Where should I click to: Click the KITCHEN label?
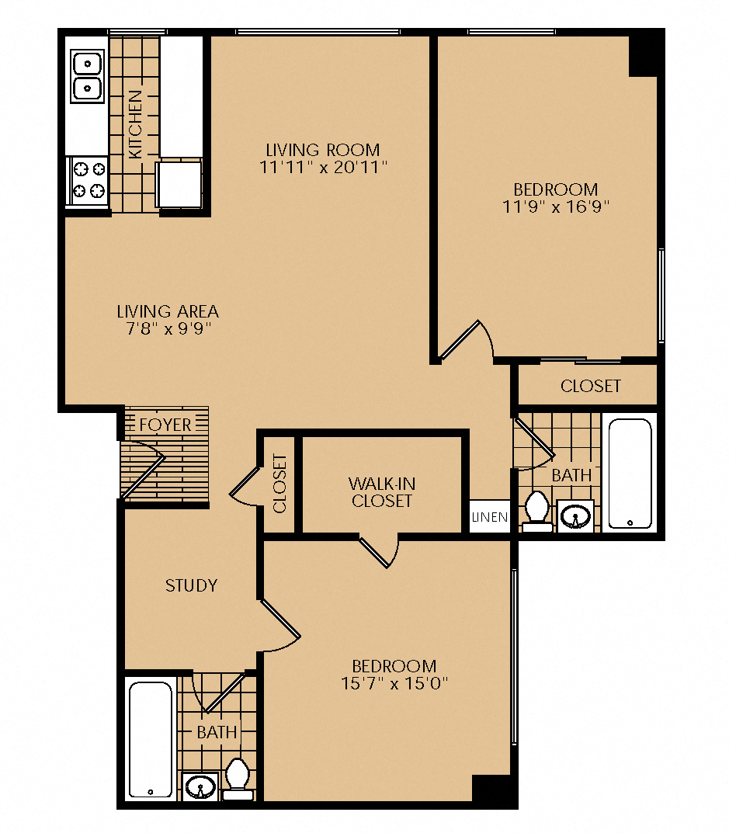pos(136,124)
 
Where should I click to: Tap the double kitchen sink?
pos(87,76)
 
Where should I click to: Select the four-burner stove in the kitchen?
pos(88,181)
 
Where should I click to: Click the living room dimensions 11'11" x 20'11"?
pos(323,168)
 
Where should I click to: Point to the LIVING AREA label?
pos(168,311)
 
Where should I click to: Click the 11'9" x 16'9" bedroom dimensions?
pos(556,207)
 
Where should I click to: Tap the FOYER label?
pos(165,425)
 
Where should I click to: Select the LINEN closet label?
pos(490,517)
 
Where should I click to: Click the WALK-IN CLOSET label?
pos(381,492)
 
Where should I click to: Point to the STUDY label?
pos(191,585)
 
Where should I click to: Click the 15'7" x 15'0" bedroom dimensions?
pos(394,683)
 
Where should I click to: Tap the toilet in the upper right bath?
pos(537,512)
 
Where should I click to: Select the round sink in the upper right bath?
pos(575,515)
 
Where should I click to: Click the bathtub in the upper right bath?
pos(630,474)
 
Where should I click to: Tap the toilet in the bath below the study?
pos(238,779)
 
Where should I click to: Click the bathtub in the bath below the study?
pos(151,740)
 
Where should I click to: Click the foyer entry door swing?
pos(142,470)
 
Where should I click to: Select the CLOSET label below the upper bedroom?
pos(590,386)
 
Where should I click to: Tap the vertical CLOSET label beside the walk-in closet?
pos(279,484)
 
